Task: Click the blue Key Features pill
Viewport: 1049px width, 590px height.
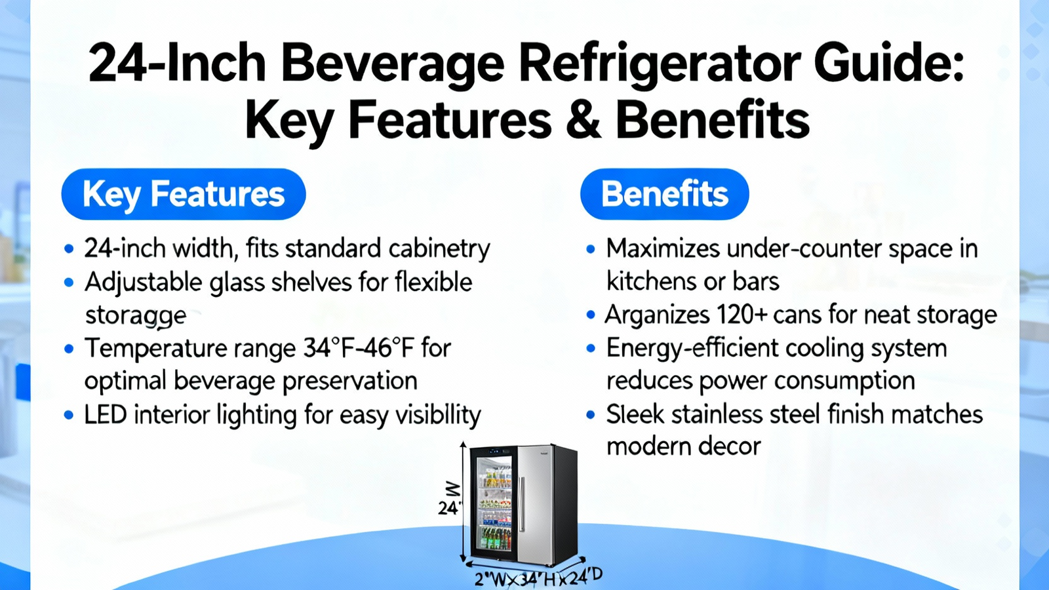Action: point(184,194)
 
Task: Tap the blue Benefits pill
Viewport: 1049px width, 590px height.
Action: point(665,194)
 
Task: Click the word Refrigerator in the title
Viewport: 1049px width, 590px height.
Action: point(658,63)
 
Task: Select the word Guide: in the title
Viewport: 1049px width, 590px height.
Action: point(888,63)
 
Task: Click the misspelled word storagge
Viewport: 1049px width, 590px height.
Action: point(136,315)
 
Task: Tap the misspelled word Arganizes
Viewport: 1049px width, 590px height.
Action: point(657,315)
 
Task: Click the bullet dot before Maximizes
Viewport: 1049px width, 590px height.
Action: point(591,248)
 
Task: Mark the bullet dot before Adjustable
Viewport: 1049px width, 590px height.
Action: point(69,283)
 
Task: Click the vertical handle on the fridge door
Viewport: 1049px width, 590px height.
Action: point(522,504)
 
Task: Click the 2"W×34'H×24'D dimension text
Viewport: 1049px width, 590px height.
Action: point(538,578)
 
